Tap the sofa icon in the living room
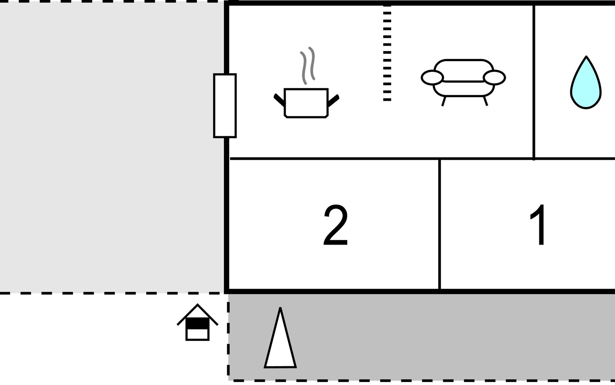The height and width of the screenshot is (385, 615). point(463,82)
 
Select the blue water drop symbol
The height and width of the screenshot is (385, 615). point(586,83)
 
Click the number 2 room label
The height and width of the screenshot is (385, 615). point(336,225)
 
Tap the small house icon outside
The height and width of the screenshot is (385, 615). point(198,322)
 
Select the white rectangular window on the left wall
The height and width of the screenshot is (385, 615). point(225,106)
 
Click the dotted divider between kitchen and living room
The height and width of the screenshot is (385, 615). point(387,53)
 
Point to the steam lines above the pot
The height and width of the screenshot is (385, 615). point(307,65)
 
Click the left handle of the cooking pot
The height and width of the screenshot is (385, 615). point(279,99)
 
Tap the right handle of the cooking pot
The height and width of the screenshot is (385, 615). point(333,100)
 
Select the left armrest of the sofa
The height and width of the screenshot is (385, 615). point(432,78)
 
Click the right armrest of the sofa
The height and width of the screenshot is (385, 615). point(494,78)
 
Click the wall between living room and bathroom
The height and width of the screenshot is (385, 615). point(534,82)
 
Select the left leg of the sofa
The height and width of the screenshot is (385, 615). point(444,101)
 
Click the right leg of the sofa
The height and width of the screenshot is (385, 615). point(485,100)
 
